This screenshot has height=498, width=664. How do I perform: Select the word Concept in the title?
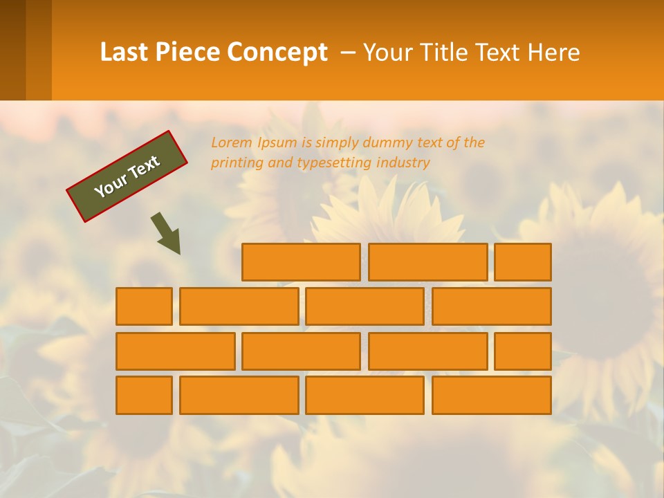[x=277, y=53]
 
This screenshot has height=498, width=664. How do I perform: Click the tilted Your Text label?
[x=127, y=176]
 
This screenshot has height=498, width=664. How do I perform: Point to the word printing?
[x=235, y=163]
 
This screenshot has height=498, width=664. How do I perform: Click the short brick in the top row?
[x=523, y=262]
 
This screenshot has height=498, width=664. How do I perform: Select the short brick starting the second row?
[x=144, y=306]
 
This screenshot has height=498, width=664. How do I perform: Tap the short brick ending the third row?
[x=523, y=351]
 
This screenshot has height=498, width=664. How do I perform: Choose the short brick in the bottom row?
[x=144, y=396]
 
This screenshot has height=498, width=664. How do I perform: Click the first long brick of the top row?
[x=301, y=262]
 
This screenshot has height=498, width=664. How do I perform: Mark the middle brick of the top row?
[x=427, y=262]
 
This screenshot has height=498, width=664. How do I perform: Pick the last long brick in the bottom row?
[x=491, y=396]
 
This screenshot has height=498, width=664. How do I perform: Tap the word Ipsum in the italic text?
[x=277, y=142]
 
